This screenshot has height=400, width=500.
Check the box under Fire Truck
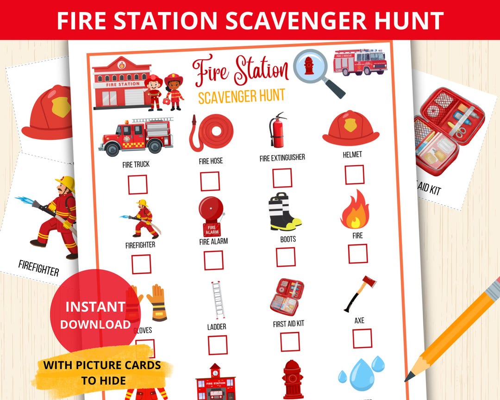click(x=137, y=184)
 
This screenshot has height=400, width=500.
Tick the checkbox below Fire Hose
click(x=210, y=181)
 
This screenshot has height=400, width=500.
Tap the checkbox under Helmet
click(x=354, y=175)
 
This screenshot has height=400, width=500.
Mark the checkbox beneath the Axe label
click(x=362, y=338)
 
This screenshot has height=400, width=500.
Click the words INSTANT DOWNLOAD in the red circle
click(x=95, y=315)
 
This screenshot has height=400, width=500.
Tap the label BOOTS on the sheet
click(x=288, y=239)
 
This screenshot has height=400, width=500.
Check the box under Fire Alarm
click(x=213, y=260)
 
